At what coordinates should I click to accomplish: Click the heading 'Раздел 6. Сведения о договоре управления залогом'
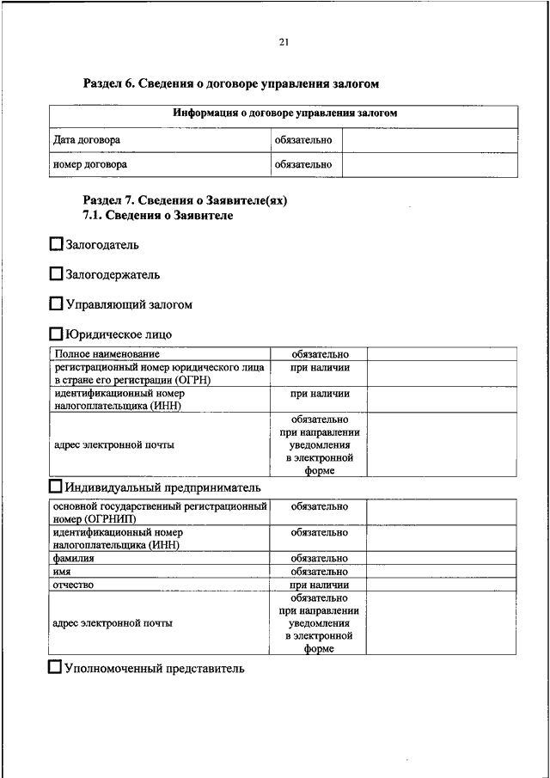point(230,84)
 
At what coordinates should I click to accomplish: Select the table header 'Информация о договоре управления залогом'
point(284,113)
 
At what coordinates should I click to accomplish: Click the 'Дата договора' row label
point(87,139)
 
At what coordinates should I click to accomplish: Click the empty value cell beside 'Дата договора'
point(431,139)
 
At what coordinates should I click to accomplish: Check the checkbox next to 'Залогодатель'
point(57,245)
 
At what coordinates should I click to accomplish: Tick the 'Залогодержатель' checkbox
point(57,274)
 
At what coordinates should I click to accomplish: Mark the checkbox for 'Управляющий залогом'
point(57,304)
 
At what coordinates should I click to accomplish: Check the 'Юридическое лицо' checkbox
point(57,334)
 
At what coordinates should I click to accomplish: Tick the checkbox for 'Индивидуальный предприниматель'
point(57,487)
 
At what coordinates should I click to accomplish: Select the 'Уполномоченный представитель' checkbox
point(57,667)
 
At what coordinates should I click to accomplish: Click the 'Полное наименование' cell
point(107,354)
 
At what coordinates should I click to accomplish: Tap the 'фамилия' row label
point(72,559)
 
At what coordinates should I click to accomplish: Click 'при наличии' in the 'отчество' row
point(319,585)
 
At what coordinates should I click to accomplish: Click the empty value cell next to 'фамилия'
point(442,559)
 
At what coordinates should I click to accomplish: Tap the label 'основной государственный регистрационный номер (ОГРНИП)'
point(159,513)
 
